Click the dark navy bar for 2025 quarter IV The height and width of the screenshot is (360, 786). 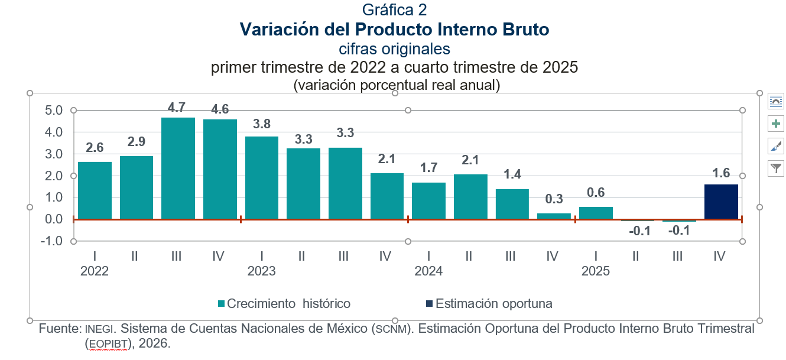coord(721,202)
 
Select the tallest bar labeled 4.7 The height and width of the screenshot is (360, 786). coord(178,168)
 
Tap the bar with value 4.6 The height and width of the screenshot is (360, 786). coord(220,170)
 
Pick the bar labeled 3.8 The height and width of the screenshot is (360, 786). coord(262,178)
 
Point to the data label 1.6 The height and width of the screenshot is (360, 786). coord(721,173)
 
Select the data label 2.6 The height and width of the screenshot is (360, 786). coord(95,148)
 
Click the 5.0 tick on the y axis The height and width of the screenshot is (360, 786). coord(54,111)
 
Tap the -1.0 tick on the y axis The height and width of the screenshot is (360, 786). coord(52,241)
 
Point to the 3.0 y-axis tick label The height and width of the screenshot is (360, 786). coord(54,154)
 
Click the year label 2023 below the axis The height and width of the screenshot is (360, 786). coord(262,271)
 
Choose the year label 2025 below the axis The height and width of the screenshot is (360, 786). coord(596,271)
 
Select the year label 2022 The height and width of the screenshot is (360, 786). coord(95,271)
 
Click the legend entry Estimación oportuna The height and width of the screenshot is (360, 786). coord(493,304)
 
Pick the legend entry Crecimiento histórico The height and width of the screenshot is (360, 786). coord(288,304)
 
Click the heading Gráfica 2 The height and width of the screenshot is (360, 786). coord(394,9)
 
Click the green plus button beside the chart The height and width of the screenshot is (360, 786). coord(775,124)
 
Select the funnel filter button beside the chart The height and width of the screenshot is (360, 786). coord(775,168)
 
